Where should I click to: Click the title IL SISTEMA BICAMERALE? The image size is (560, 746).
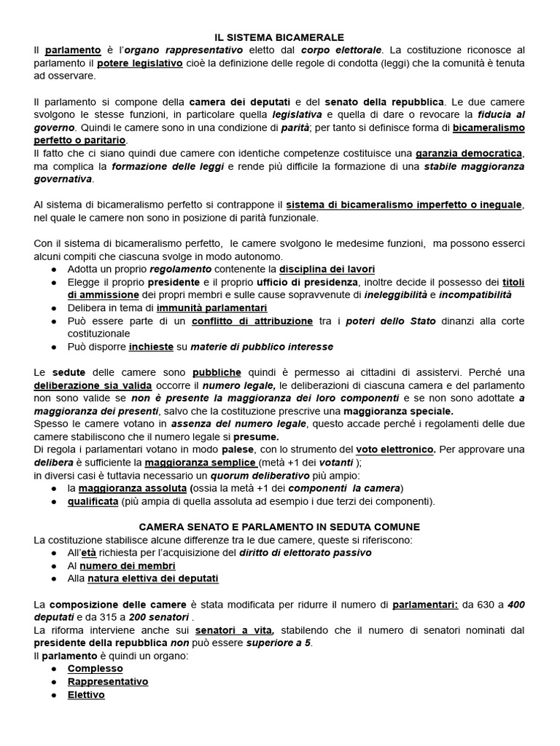[x=279, y=36]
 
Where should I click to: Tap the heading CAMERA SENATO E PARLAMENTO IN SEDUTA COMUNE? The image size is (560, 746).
[x=279, y=527]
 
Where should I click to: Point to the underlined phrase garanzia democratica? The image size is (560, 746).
[x=469, y=154]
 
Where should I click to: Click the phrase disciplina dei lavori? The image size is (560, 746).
[x=327, y=270]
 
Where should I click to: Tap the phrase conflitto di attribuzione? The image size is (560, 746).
[x=252, y=321]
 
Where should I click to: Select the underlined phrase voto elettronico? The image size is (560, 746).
[x=395, y=449]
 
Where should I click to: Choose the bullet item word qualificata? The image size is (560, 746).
[x=93, y=501]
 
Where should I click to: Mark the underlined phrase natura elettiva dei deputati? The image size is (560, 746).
[x=153, y=578]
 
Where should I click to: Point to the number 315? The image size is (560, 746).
[x=109, y=617]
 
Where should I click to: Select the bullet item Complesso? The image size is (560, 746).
[x=96, y=668]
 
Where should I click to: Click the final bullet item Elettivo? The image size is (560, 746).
[x=86, y=694]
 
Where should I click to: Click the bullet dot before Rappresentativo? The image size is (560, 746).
[x=55, y=682]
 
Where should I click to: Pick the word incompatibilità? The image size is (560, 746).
[x=475, y=295]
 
